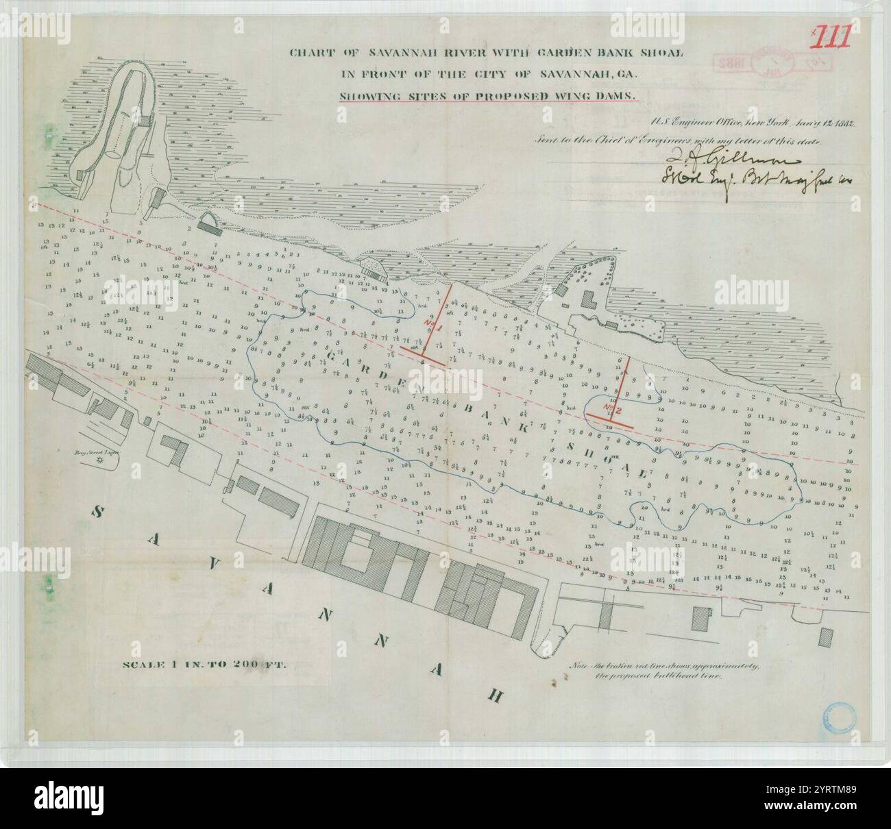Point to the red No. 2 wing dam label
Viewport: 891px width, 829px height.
tap(612, 410)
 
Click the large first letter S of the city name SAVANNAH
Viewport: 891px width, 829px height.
tap(99, 512)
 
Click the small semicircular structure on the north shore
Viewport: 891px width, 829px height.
tap(206, 220)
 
